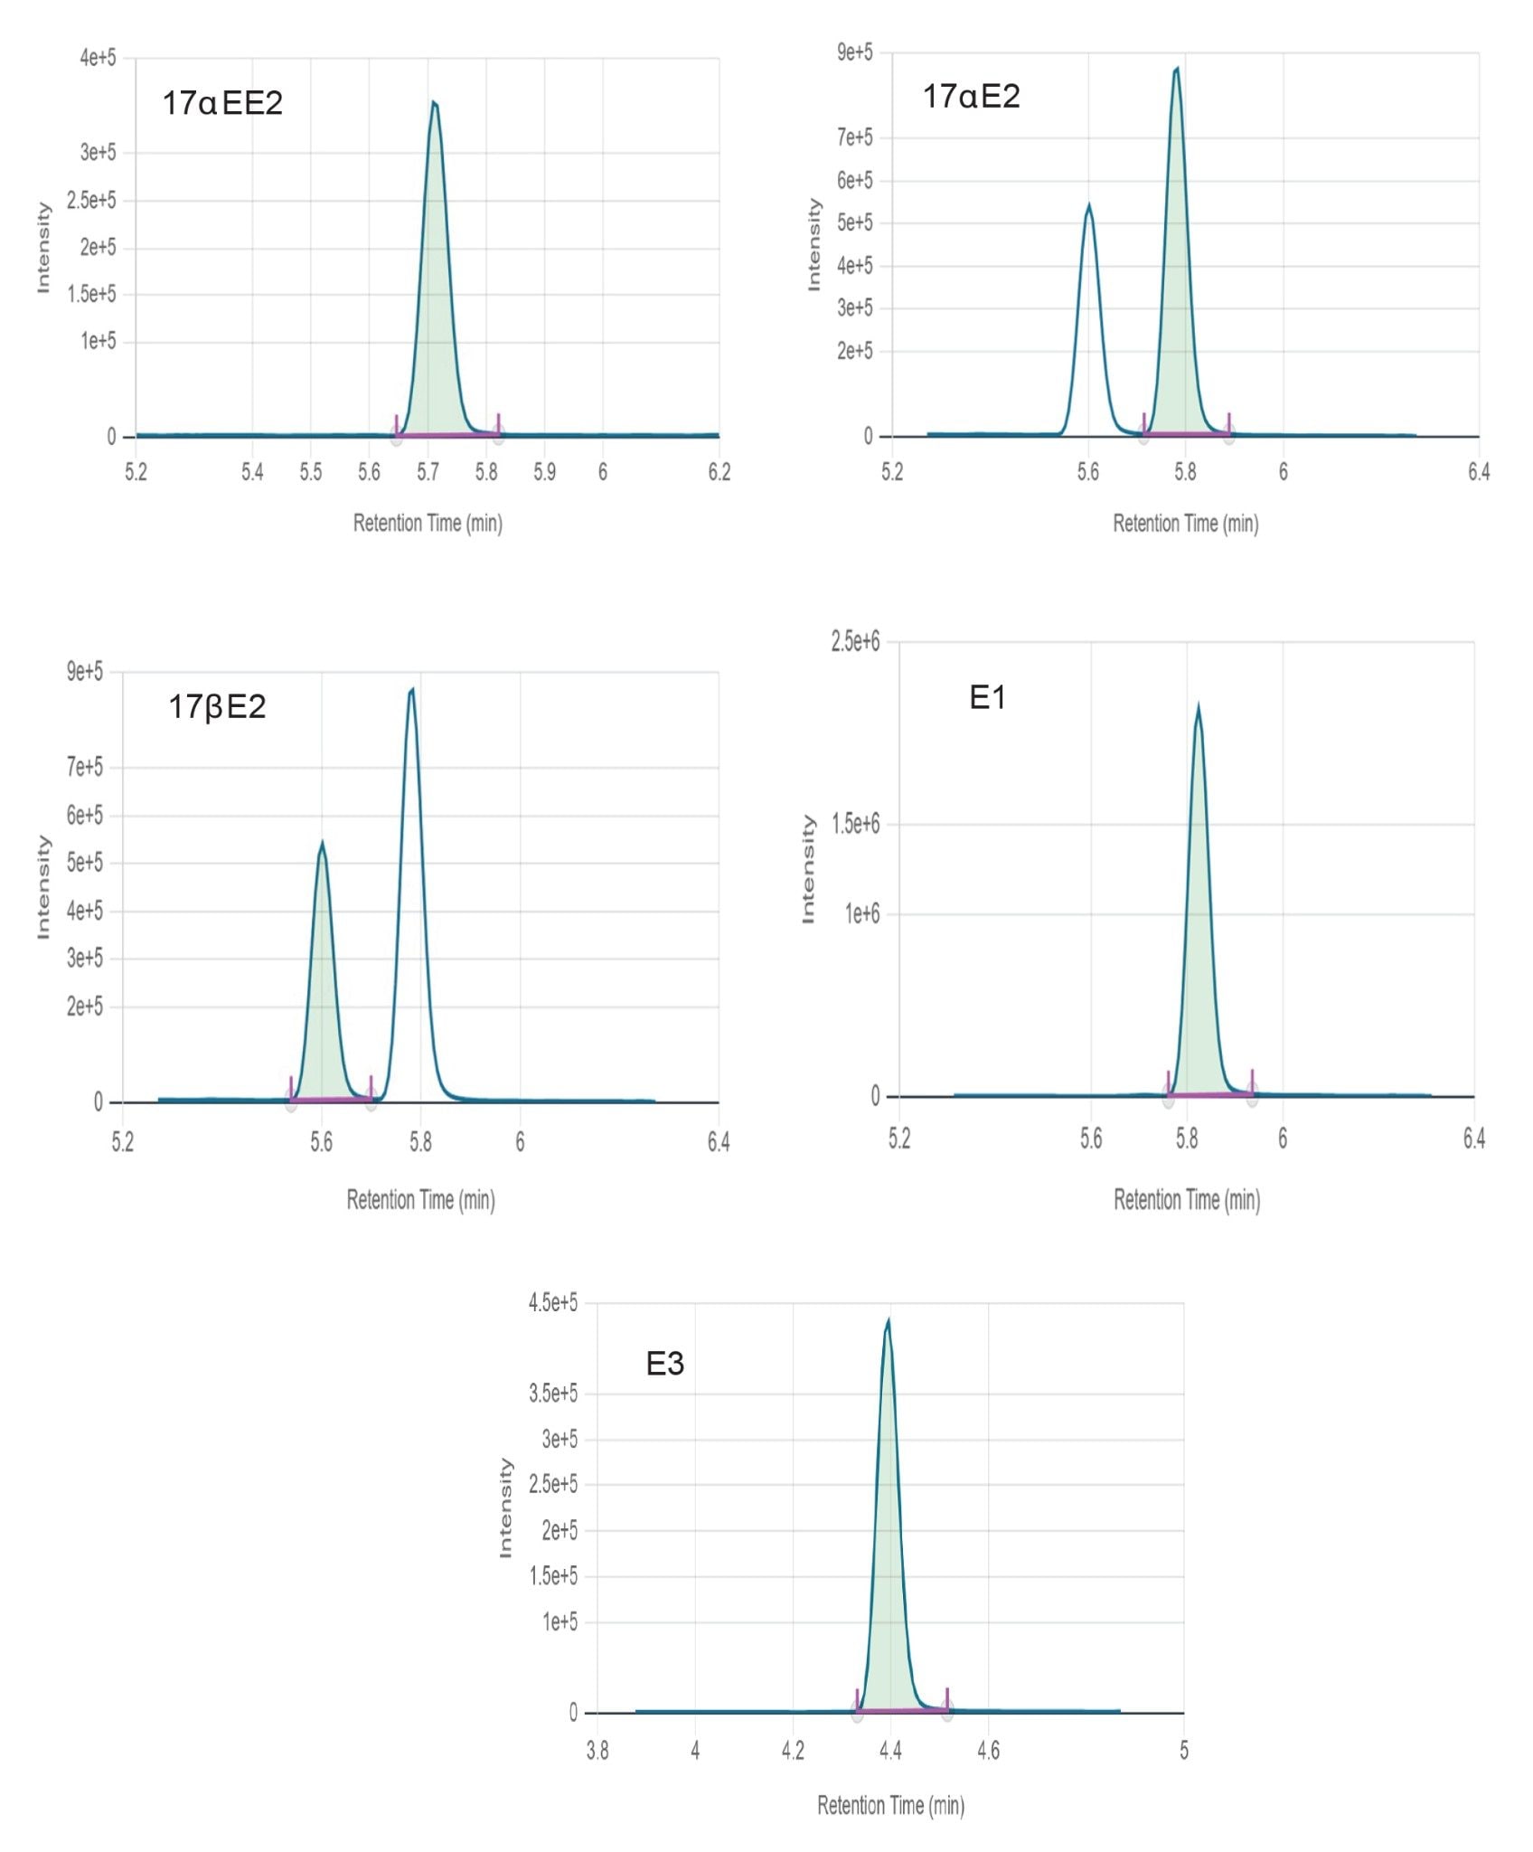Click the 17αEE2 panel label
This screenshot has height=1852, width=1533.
tap(222, 103)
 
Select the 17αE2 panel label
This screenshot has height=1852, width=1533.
tap(971, 96)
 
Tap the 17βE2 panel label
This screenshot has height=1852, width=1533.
tap(217, 706)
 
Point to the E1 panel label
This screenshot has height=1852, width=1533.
tap(987, 697)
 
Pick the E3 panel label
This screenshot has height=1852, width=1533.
tap(664, 1363)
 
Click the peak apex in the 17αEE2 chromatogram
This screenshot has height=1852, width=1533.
tap(434, 102)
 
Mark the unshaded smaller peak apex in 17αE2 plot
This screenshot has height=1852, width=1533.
tap(1089, 205)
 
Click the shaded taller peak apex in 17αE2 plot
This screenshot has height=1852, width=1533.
tap(1177, 68)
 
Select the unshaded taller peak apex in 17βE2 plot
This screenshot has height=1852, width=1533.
tap(412, 689)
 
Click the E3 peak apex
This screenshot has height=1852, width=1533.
tap(889, 1319)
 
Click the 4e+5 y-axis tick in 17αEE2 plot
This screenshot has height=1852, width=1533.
tap(98, 58)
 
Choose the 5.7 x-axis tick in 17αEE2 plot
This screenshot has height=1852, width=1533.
tap(428, 471)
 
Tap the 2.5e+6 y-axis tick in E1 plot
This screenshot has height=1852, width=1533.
tap(854, 641)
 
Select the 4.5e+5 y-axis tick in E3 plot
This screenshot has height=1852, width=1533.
tap(552, 1302)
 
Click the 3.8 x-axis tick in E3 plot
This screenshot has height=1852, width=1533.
tap(597, 1751)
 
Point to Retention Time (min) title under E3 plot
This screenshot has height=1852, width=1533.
tap(890, 1805)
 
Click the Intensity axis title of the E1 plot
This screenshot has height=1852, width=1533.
tap(808, 869)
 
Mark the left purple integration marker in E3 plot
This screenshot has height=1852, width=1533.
tap(857, 1701)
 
